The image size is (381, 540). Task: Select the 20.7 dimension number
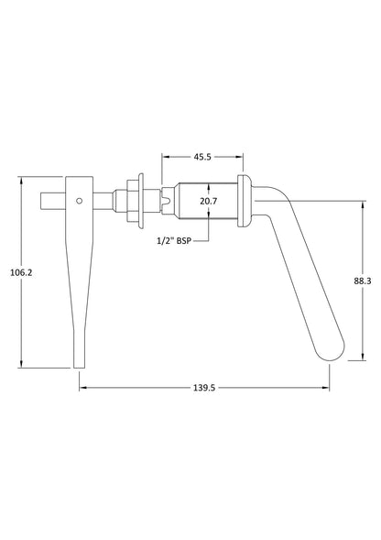(x=208, y=201)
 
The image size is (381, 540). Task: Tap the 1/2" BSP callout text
(x=174, y=241)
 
